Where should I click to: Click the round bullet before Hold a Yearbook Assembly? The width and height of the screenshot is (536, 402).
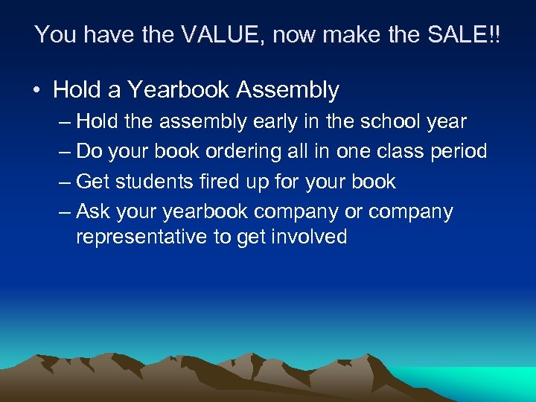[36, 92]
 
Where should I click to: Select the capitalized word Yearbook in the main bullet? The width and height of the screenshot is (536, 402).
[179, 90]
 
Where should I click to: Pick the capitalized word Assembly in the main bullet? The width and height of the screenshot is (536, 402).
[287, 90]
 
